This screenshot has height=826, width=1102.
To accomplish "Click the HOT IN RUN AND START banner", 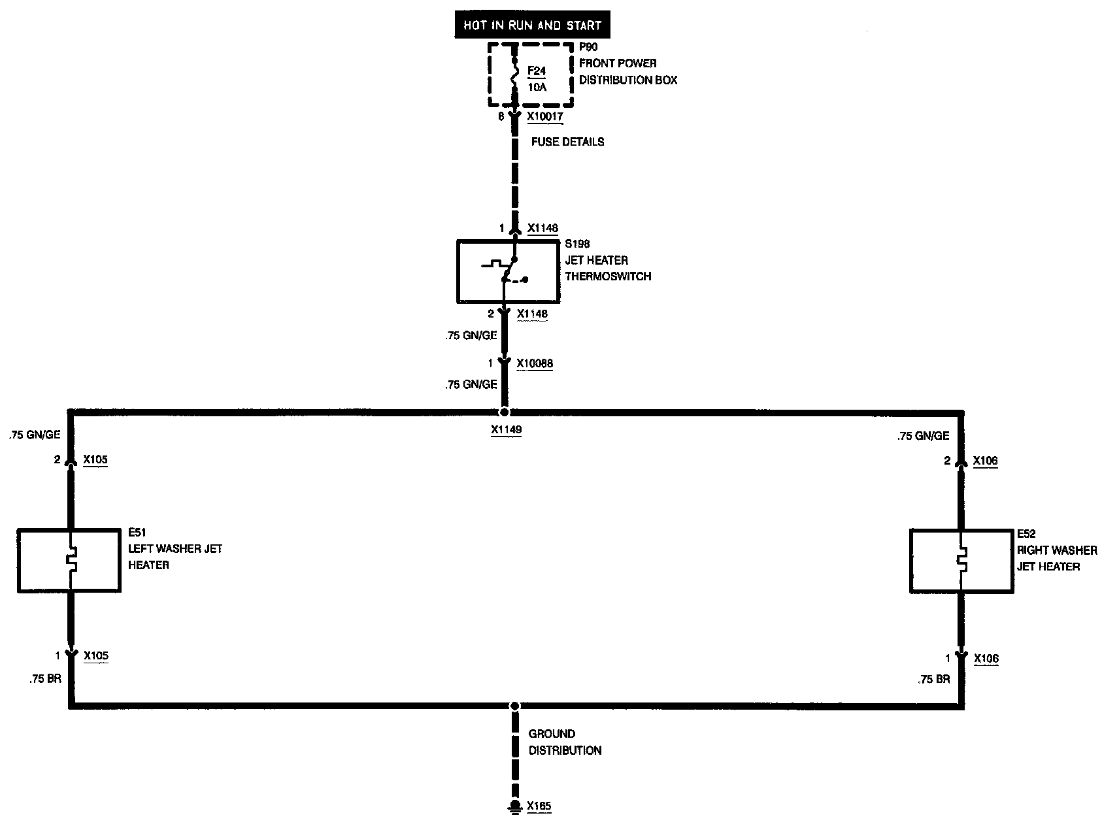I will [531, 26].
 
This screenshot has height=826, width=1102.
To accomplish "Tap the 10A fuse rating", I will [537, 87].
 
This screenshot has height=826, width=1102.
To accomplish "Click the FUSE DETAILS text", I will [567, 142].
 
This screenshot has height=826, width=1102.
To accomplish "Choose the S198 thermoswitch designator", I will [577, 244].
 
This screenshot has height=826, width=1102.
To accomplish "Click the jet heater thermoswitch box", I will [508, 271].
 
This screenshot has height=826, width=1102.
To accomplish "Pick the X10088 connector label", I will [535, 363].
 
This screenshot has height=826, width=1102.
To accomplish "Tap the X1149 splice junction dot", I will [504, 412].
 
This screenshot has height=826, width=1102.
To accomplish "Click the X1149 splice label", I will [506, 431].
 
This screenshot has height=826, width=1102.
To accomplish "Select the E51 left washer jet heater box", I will [69, 561].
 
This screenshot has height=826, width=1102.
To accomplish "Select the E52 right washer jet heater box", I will [961, 561].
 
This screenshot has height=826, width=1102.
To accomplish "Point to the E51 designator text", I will [137, 533].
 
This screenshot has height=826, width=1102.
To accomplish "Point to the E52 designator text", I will [1026, 534].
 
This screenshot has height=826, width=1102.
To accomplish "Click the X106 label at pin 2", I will [985, 461].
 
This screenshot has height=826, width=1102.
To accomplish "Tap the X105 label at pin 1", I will [95, 656].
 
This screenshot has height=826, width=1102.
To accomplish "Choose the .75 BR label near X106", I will [933, 680].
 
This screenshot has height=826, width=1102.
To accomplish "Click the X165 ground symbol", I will [515, 806].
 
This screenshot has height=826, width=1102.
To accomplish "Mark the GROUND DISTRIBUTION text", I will [565, 742].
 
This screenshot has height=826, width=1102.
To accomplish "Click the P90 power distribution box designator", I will [588, 47].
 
